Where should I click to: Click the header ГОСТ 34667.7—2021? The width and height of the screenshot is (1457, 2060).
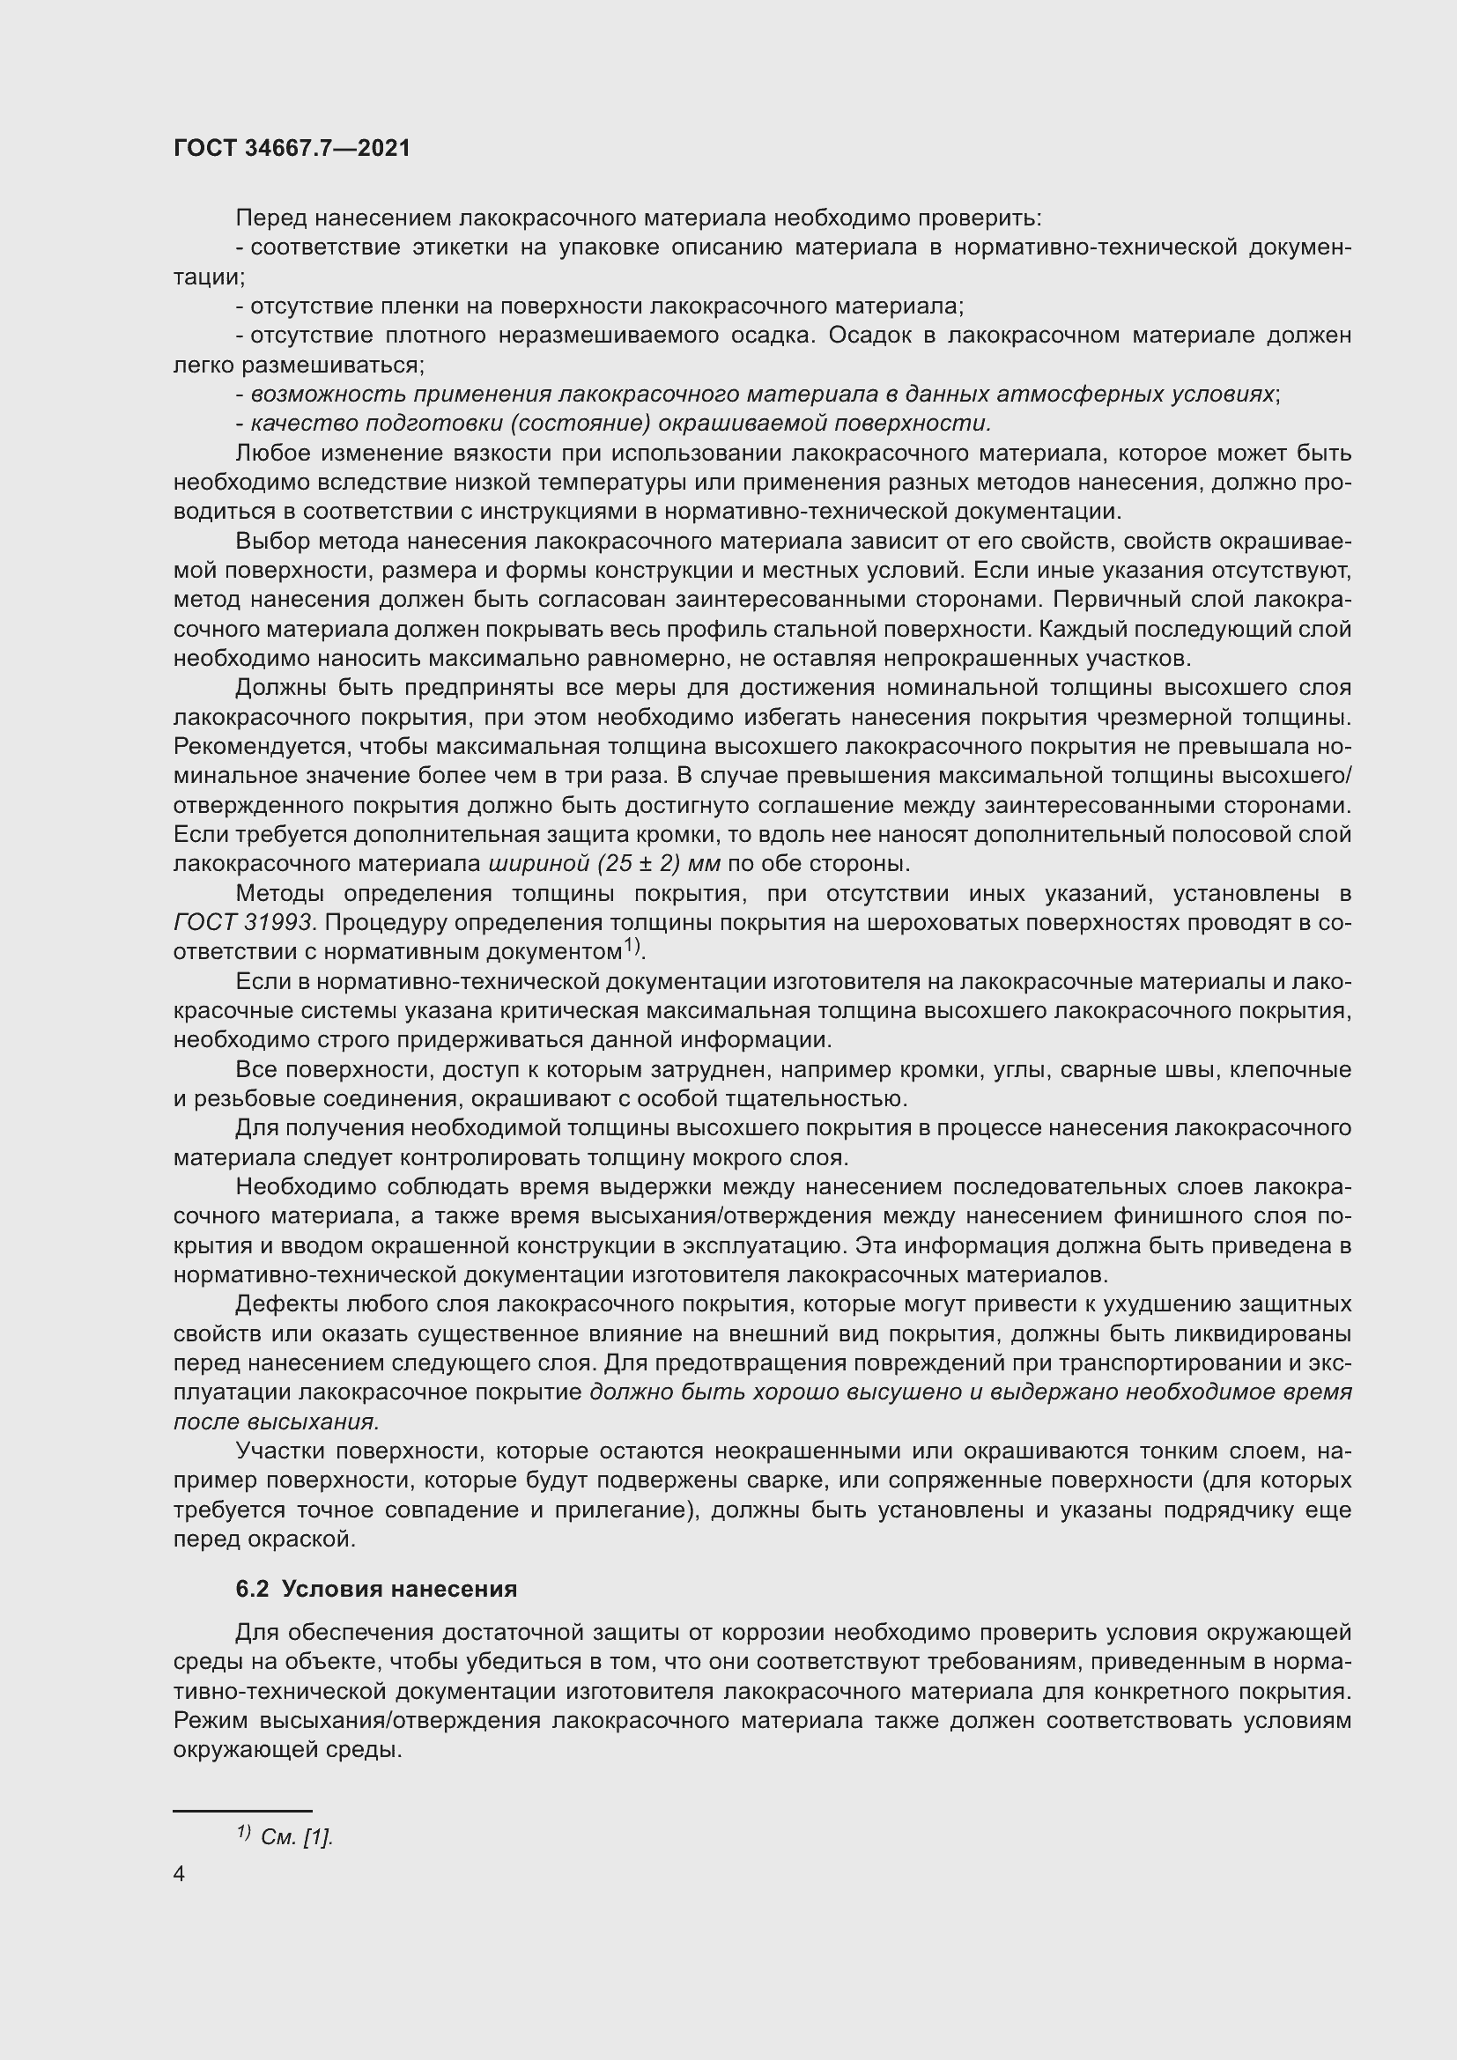[x=292, y=148]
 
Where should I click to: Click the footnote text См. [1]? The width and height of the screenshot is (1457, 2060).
[x=296, y=1836]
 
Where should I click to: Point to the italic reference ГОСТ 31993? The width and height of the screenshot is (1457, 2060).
[x=243, y=922]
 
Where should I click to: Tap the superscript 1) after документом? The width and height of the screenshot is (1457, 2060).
[x=633, y=946]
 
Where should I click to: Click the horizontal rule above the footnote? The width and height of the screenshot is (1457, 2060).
[x=242, y=1811]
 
